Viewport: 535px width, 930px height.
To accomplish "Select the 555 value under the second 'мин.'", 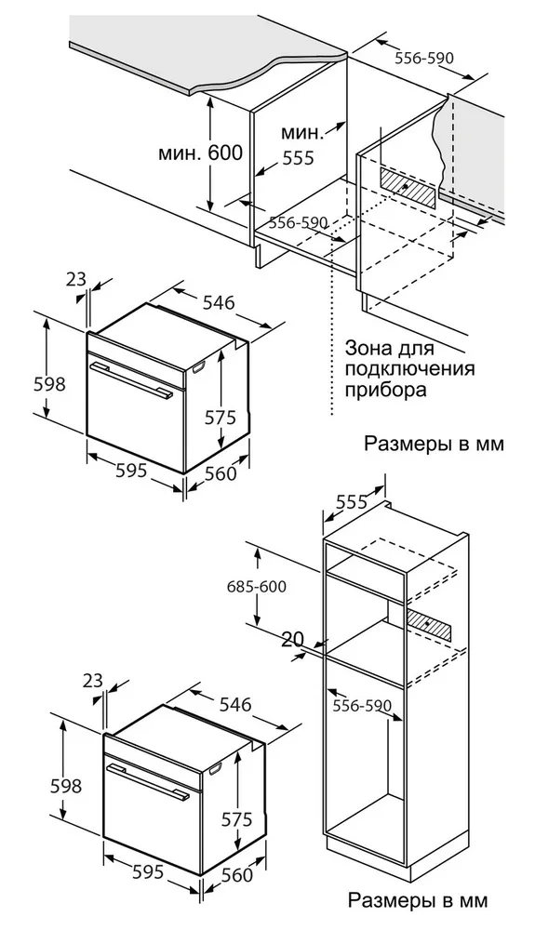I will tap(299, 158).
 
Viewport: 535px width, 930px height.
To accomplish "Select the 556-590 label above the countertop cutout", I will tap(423, 58).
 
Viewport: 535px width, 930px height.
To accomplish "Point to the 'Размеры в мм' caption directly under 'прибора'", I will tap(435, 444).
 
